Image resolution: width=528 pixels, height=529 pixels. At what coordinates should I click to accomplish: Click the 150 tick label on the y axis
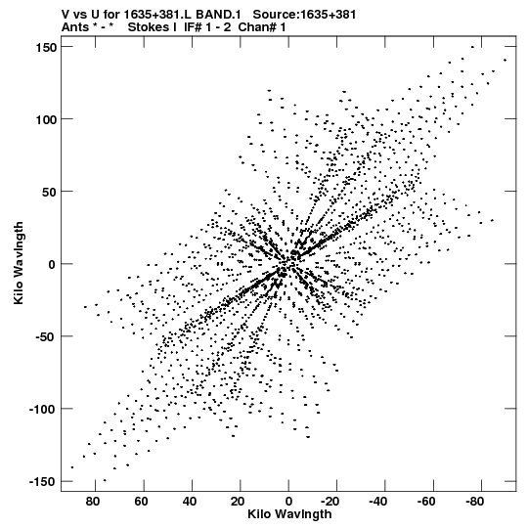click(46, 48)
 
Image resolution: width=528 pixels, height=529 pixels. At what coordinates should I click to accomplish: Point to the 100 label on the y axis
click(46, 119)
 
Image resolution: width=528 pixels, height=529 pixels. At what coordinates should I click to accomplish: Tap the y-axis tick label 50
click(50, 193)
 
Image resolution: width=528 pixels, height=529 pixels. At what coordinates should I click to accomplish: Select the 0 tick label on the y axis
click(52, 265)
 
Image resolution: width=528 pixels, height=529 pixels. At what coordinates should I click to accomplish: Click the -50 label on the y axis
click(46, 337)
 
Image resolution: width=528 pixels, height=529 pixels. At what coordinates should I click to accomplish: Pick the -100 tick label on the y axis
click(43, 410)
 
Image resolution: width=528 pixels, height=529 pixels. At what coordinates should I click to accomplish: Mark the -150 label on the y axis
click(43, 482)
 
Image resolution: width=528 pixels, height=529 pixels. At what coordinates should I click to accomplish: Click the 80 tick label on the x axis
click(93, 502)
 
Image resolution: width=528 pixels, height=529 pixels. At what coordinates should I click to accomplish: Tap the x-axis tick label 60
click(141, 502)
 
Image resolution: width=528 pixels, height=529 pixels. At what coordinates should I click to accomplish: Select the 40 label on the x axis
click(190, 502)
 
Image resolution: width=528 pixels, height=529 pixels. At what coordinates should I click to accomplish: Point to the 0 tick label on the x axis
click(288, 502)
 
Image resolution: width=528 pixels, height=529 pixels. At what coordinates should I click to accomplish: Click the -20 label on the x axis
click(330, 502)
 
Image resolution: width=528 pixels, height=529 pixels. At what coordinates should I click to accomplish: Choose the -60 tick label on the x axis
click(426, 502)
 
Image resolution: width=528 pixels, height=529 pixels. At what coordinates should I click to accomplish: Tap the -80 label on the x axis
click(474, 502)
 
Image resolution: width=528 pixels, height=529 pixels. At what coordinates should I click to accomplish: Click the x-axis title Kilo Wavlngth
click(289, 514)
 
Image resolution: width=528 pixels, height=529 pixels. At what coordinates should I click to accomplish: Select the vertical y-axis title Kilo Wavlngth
click(19, 263)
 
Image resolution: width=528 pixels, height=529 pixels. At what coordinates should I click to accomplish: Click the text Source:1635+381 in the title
click(304, 15)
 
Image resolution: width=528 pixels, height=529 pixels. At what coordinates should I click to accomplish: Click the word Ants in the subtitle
click(75, 27)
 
